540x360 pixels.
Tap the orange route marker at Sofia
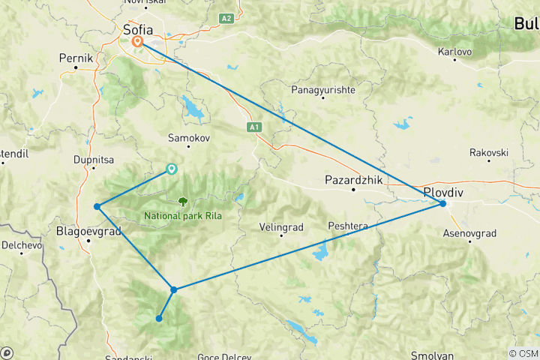click(x=138, y=42)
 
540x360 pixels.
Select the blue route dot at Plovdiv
click(x=443, y=203)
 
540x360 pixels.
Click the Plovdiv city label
click(x=444, y=192)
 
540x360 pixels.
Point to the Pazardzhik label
click(x=354, y=181)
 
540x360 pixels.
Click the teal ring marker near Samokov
click(x=172, y=169)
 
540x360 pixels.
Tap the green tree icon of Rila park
click(x=182, y=201)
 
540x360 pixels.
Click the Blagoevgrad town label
click(x=88, y=232)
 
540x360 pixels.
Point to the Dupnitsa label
click(x=94, y=159)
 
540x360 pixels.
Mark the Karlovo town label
click(x=454, y=52)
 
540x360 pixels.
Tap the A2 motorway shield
click(x=227, y=17)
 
